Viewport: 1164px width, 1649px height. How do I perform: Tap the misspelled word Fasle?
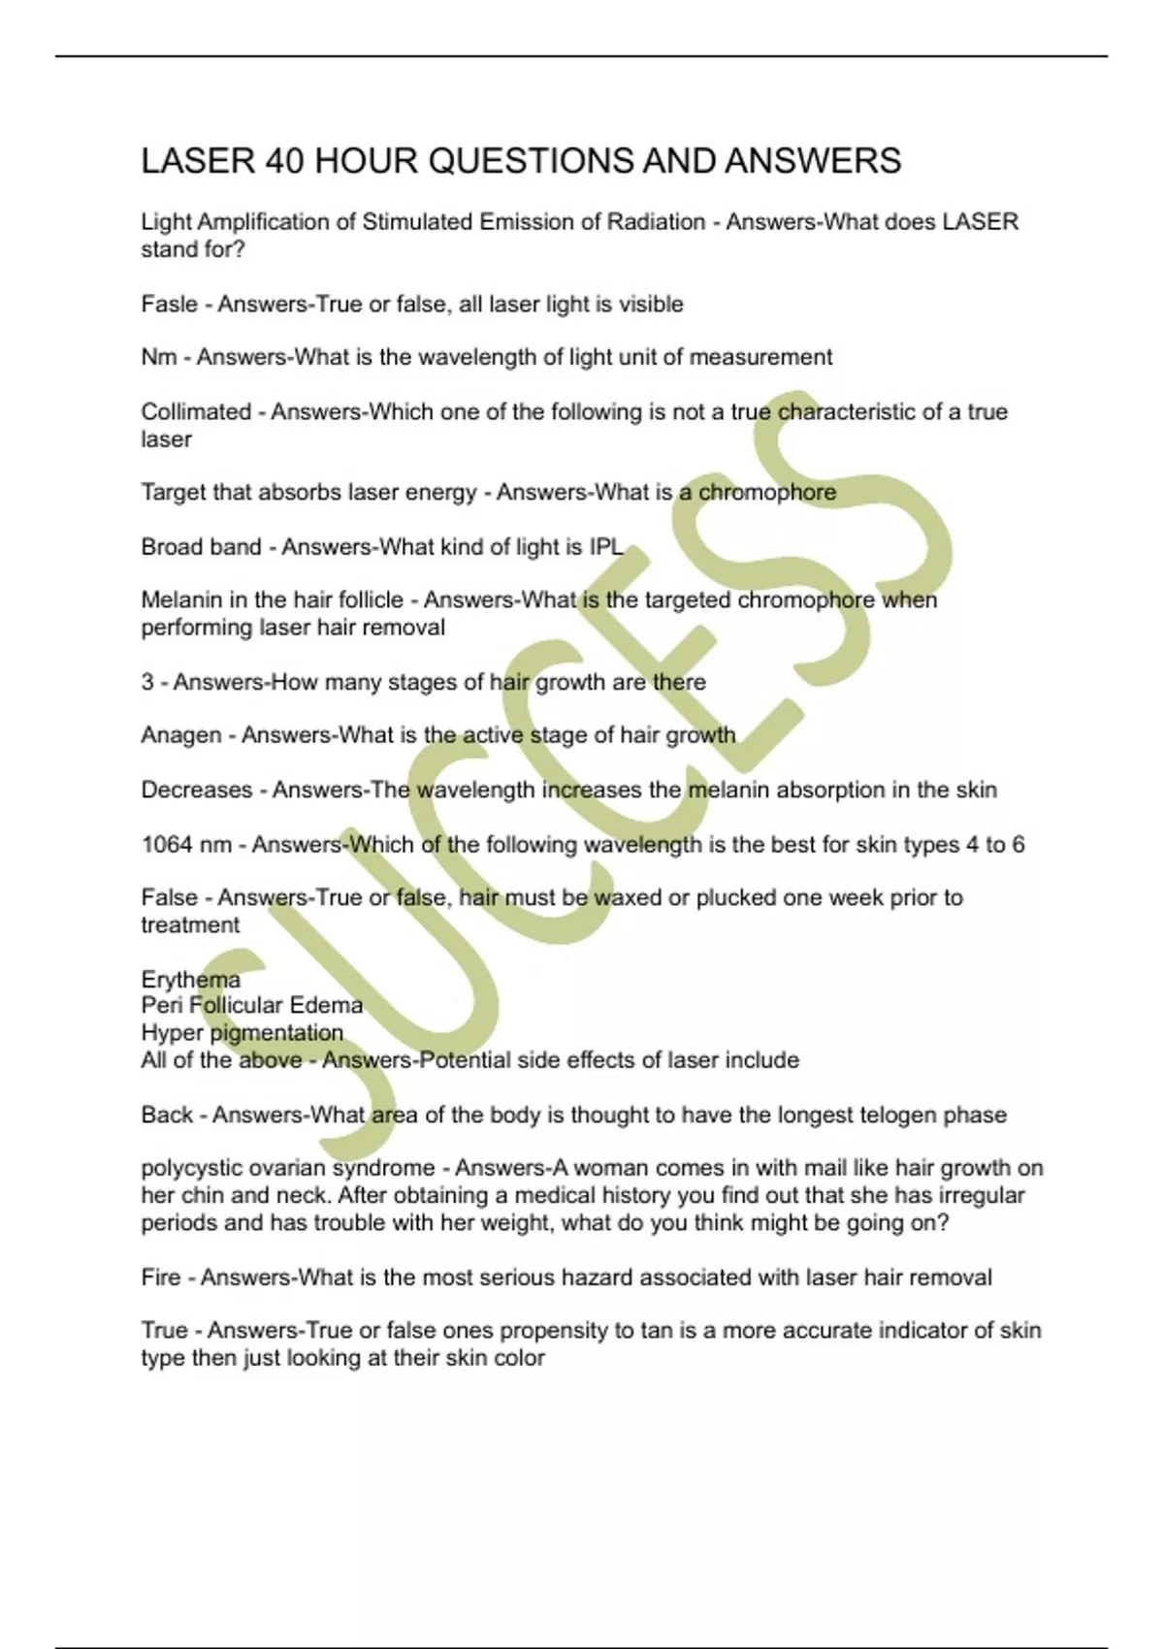169,305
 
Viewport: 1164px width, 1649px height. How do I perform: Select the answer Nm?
159,358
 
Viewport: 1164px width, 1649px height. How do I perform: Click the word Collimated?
196,412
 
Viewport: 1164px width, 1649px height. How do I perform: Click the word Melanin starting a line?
181,600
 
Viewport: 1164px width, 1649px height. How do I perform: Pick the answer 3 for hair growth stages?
147,682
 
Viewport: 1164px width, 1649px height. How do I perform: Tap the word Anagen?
181,736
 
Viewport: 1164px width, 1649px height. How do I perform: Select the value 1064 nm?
186,845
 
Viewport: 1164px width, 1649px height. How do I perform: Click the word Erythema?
190,980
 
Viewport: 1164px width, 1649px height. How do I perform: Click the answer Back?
167,1115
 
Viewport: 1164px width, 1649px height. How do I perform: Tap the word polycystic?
189,1169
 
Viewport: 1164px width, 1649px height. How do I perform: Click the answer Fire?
161,1277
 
